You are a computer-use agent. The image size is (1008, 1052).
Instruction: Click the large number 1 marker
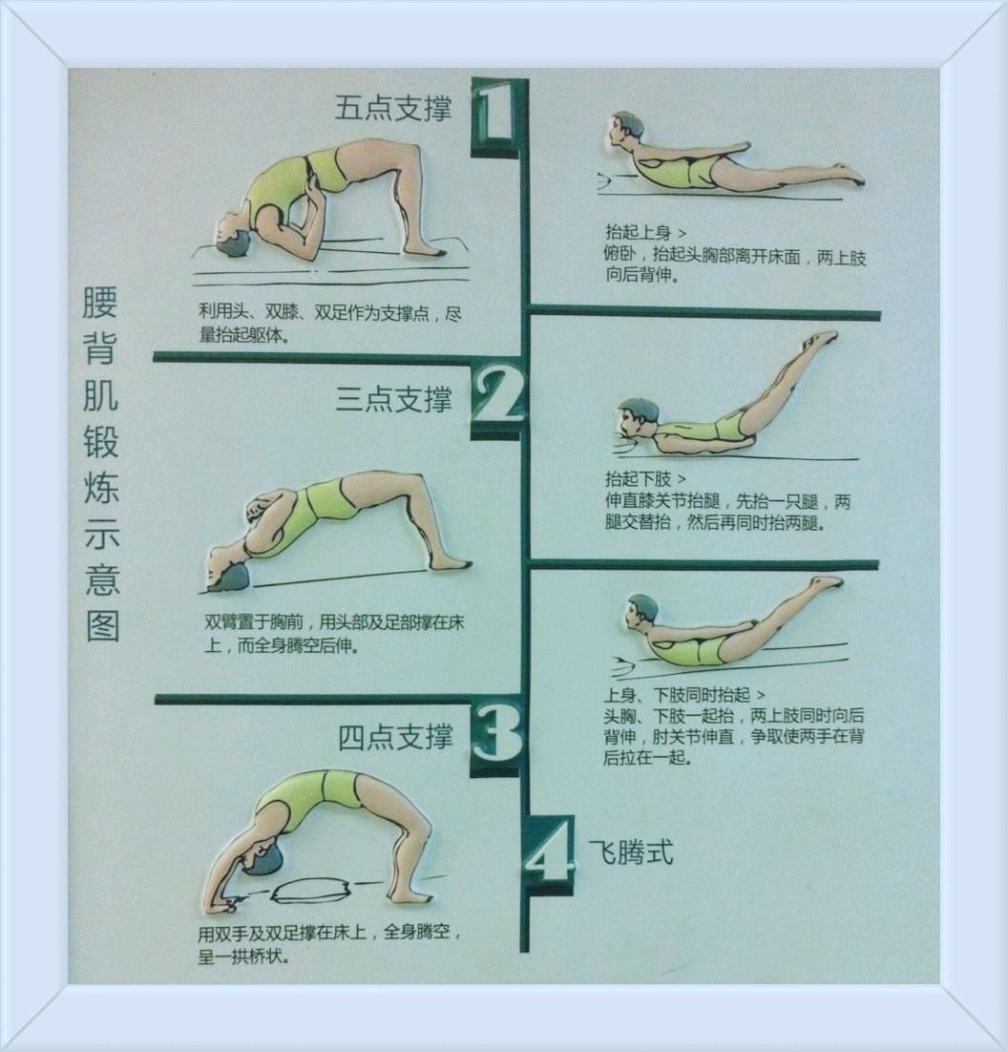click(494, 113)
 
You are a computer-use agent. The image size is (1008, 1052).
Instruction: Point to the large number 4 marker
click(548, 856)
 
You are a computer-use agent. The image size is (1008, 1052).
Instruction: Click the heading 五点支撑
click(393, 107)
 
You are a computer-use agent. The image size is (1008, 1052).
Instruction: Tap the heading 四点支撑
click(395, 737)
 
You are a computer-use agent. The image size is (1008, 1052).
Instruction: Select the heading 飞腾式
click(630, 852)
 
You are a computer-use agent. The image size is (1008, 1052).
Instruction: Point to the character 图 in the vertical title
click(102, 625)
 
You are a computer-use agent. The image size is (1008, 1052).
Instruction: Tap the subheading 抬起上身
click(638, 232)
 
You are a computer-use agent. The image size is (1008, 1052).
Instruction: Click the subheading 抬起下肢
click(638, 478)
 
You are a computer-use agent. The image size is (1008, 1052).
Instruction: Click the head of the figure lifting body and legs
click(641, 611)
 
